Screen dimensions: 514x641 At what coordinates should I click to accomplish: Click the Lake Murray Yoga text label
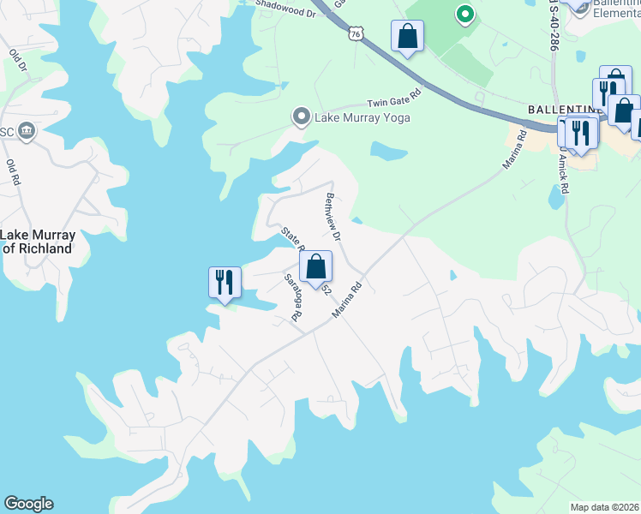[x=362, y=117]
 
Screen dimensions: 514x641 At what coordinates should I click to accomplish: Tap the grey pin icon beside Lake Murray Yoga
[x=301, y=116]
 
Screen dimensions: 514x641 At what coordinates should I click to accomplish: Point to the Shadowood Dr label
[x=282, y=3]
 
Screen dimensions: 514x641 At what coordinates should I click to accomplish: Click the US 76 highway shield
[x=356, y=33]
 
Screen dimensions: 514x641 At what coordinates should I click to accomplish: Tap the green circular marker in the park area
[x=465, y=14]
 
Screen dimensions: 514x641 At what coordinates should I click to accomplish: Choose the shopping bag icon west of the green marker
[x=407, y=36]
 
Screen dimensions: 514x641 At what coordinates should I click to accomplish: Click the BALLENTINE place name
[x=562, y=111]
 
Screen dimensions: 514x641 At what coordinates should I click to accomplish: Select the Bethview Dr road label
[x=332, y=216]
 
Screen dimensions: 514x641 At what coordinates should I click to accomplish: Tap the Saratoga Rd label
[x=293, y=296]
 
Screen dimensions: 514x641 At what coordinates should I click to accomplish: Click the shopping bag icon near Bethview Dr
[x=316, y=266]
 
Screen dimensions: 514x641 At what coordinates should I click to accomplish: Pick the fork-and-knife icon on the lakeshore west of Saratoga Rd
[x=225, y=282]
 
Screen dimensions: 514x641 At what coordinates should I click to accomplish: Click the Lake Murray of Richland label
[x=38, y=242]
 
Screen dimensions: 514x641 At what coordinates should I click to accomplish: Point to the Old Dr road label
[x=16, y=65]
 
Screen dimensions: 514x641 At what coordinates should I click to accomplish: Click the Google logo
[x=28, y=504]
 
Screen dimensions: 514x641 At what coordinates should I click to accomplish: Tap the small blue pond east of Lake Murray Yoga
[x=388, y=152]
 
